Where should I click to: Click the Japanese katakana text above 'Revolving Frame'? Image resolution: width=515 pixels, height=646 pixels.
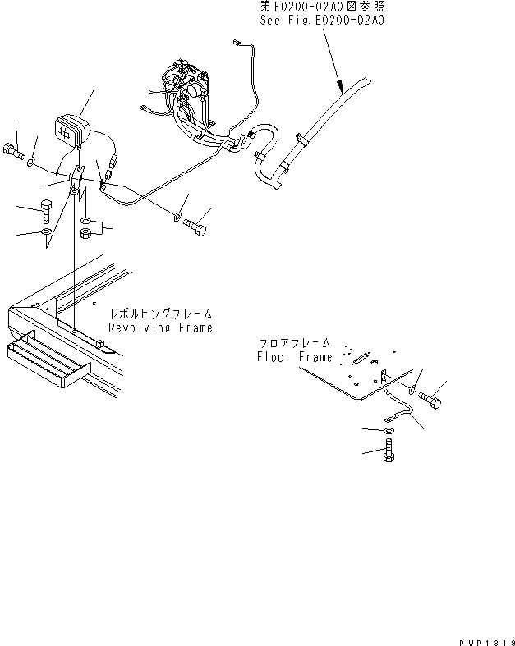click(161, 314)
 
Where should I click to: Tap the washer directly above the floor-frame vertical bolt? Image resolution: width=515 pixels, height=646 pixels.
click(388, 430)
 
